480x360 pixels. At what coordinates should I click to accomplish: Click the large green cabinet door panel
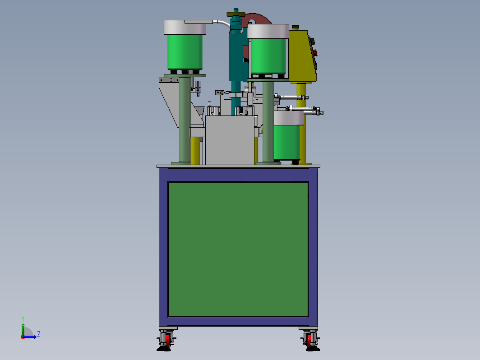(x=238, y=249)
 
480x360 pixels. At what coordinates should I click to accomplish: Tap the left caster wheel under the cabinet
(x=167, y=340)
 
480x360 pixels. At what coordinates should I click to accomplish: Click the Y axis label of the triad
(x=23, y=319)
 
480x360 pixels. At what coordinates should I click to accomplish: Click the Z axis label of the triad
(x=39, y=334)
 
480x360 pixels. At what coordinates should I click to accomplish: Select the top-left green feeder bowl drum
(x=185, y=52)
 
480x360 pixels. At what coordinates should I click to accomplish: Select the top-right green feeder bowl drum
(x=268, y=56)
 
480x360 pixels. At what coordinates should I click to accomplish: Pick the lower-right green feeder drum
(x=287, y=143)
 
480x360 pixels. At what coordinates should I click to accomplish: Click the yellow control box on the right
(x=302, y=56)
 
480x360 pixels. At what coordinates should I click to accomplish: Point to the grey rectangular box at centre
(x=230, y=140)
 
